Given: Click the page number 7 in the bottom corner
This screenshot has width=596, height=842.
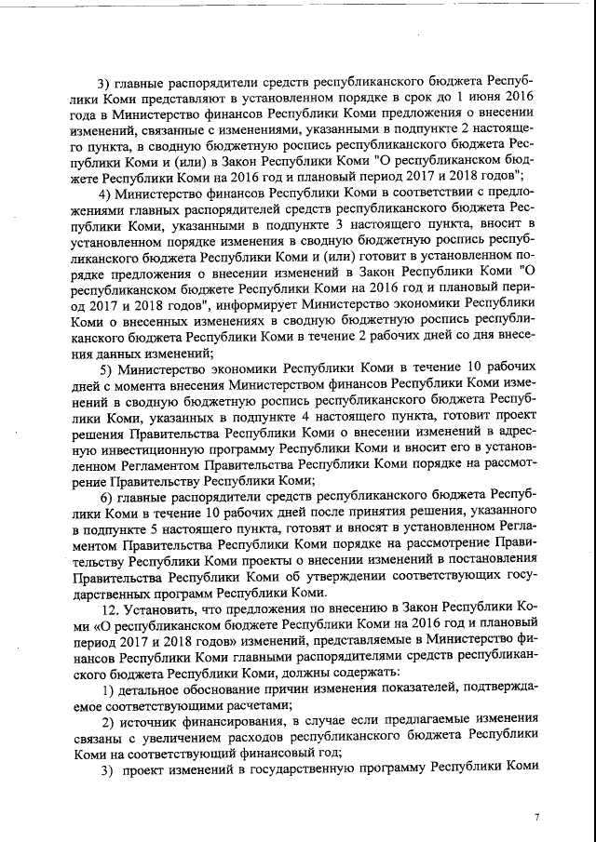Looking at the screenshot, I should (536, 816).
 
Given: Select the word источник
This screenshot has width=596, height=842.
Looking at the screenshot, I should (151, 722).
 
